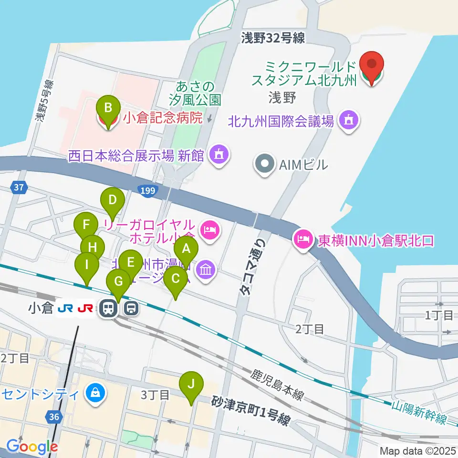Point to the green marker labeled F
(86, 225)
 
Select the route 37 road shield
(18, 188)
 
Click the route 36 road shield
(54, 417)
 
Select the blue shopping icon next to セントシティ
(94, 394)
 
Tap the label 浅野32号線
(272, 39)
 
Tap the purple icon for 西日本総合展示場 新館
(219, 155)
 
